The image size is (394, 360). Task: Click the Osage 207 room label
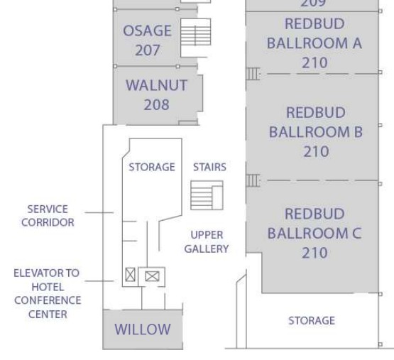147,40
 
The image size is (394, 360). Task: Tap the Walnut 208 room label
156,94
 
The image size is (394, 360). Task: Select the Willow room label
143,329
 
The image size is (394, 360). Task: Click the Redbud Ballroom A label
314,43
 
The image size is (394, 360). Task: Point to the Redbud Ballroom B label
316,132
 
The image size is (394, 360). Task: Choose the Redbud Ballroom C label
314,234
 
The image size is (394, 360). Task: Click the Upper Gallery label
207,242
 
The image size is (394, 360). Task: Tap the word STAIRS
209,167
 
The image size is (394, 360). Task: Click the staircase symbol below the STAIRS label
207,195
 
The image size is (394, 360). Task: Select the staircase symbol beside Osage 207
195,32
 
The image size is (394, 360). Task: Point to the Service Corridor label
48,216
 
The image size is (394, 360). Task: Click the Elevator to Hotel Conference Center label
48,293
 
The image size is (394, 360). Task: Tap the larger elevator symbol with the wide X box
152,276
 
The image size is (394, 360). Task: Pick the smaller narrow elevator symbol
130,275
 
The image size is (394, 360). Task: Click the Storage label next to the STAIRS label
152,167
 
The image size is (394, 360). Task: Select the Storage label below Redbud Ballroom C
312,320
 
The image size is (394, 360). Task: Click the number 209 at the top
313,4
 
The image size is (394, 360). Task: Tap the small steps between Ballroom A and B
253,74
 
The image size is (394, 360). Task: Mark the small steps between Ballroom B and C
253,180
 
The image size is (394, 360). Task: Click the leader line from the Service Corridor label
99,213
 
